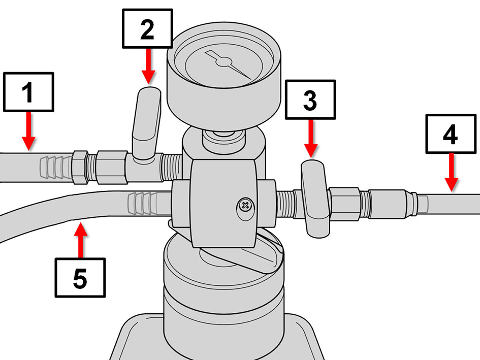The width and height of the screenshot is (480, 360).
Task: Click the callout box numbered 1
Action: tap(28, 92)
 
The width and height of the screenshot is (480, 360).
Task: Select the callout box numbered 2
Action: tap(147, 28)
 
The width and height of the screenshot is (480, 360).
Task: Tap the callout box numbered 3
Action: tap(310, 100)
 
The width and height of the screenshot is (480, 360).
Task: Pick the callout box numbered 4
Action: tap(451, 134)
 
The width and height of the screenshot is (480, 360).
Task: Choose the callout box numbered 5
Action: tap(80, 278)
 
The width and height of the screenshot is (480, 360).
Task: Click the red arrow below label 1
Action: tap(28, 131)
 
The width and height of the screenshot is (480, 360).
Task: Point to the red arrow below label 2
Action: tap(148, 66)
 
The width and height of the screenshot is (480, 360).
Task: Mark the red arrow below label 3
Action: tap(311, 139)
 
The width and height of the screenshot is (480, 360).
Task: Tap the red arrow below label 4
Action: tap(452, 172)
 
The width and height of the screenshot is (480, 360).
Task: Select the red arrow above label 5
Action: tap(81, 240)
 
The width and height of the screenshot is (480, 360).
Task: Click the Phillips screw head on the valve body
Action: tap(245, 206)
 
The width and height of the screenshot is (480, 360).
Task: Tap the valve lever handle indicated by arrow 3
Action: tap(315, 199)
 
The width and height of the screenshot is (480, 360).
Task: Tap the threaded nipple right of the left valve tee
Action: tap(172, 167)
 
